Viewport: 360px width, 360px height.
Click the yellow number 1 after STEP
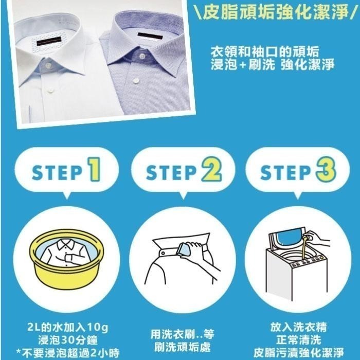93,172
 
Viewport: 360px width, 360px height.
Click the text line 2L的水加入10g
65,327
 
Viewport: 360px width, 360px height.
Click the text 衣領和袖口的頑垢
264,52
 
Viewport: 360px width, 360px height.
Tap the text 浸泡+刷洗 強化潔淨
272,65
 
